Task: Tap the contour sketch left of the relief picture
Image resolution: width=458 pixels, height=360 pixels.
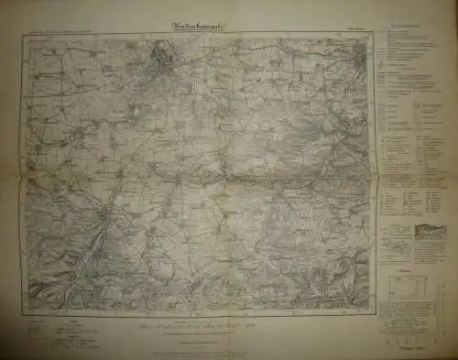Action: coord(394,235)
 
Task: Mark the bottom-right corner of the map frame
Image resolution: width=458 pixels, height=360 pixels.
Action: coord(376,313)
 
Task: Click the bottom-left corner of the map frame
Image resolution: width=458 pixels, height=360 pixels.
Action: coord(22,313)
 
